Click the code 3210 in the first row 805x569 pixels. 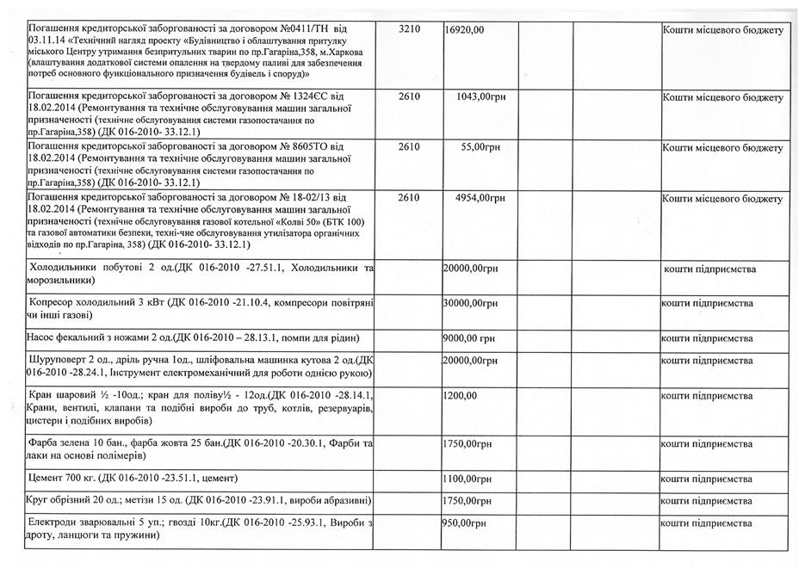coord(410,30)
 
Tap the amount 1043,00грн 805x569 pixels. coord(480,97)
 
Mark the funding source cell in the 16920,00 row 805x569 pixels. coord(722,30)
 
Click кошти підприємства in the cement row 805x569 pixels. coord(707,478)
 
